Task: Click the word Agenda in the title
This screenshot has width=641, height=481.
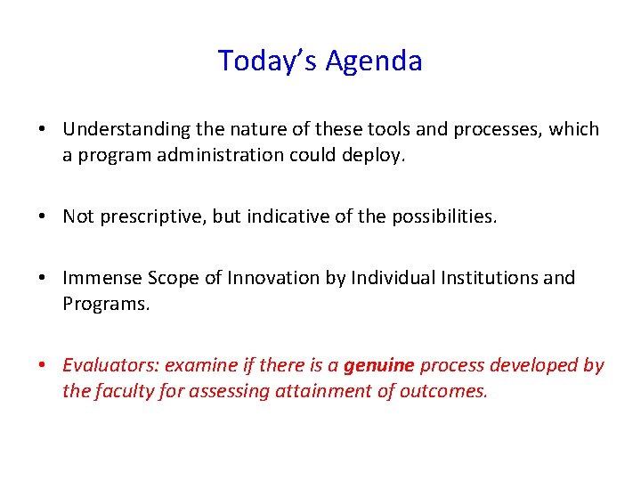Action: point(374,61)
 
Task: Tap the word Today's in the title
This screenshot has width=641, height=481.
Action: point(268,61)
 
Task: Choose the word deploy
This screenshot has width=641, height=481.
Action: point(376,154)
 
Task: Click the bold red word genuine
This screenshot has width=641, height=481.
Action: point(378,366)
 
